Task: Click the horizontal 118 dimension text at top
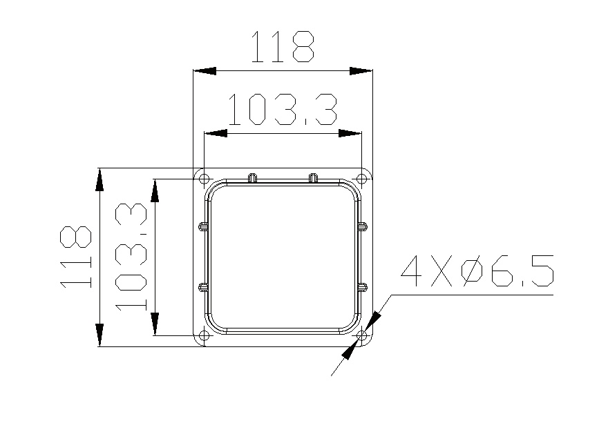pyautogui.click(x=283, y=46)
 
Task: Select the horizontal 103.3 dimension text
pyautogui.click(x=283, y=109)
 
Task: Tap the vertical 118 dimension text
pyautogui.click(x=75, y=257)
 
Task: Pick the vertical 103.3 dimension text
pyautogui.click(x=131, y=257)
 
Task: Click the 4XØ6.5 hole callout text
pyautogui.click(x=477, y=271)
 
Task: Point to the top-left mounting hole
pyautogui.click(x=204, y=179)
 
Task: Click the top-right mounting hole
pyautogui.click(x=361, y=179)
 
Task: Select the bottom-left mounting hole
pyautogui.click(x=204, y=335)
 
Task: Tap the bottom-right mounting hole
pyautogui.click(x=361, y=335)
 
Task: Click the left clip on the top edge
pyautogui.click(x=252, y=177)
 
